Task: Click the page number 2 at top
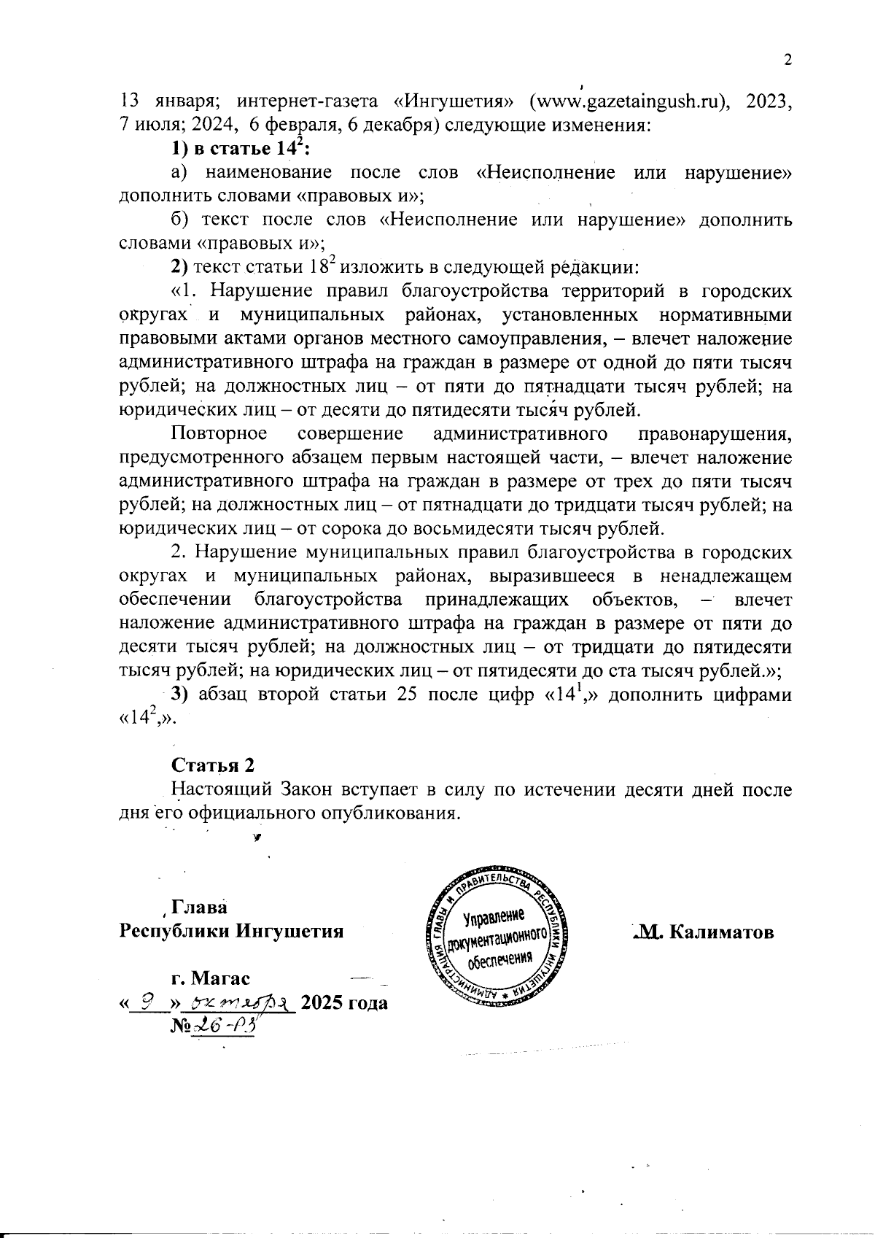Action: [x=787, y=61]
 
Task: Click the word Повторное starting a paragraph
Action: [x=218, y=434]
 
